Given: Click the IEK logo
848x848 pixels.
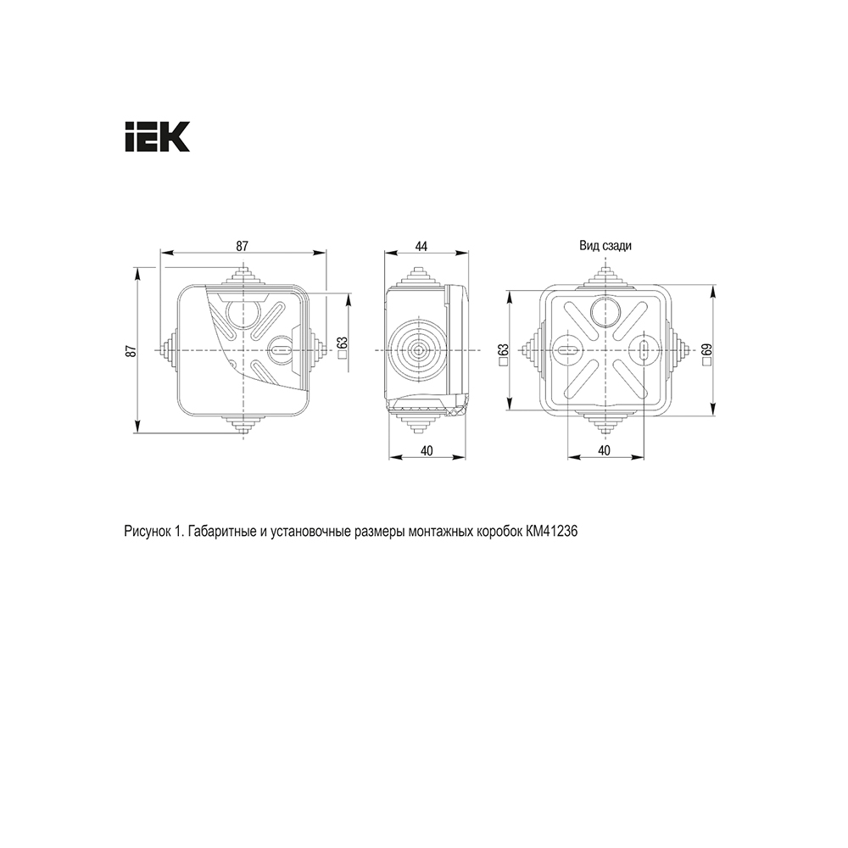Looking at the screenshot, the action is click(x=158, y=137).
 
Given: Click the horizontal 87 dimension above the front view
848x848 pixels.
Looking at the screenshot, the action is click(x=242, y=246).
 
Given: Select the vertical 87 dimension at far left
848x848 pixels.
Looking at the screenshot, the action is click(x=130, y=350).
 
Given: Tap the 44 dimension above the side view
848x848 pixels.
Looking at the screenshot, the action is click(x=421, y=247).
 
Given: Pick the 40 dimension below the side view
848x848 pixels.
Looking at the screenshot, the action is click(x=427, y=450).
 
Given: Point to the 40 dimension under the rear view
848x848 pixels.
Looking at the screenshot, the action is click(x=605, y=450).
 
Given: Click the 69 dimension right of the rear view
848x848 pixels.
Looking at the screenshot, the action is click(x=707, y=350).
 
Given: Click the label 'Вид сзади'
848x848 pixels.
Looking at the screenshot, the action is click(x=605, y=246).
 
